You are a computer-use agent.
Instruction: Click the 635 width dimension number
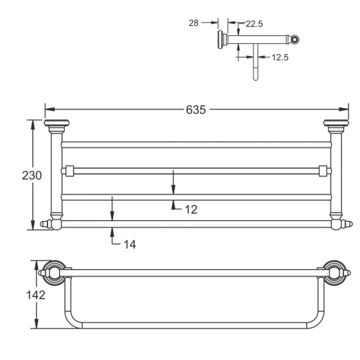click(197, 109)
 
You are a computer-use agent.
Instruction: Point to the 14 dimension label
click(128, 244)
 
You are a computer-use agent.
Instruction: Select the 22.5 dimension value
click(254, 24)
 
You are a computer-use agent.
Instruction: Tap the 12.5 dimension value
click(279, 56)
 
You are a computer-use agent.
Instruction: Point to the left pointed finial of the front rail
click(48, 225)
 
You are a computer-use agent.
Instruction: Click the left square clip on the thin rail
click(68, 171)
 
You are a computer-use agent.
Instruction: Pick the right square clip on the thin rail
click(323, 171)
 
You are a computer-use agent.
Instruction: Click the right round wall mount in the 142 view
click(336, 271)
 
